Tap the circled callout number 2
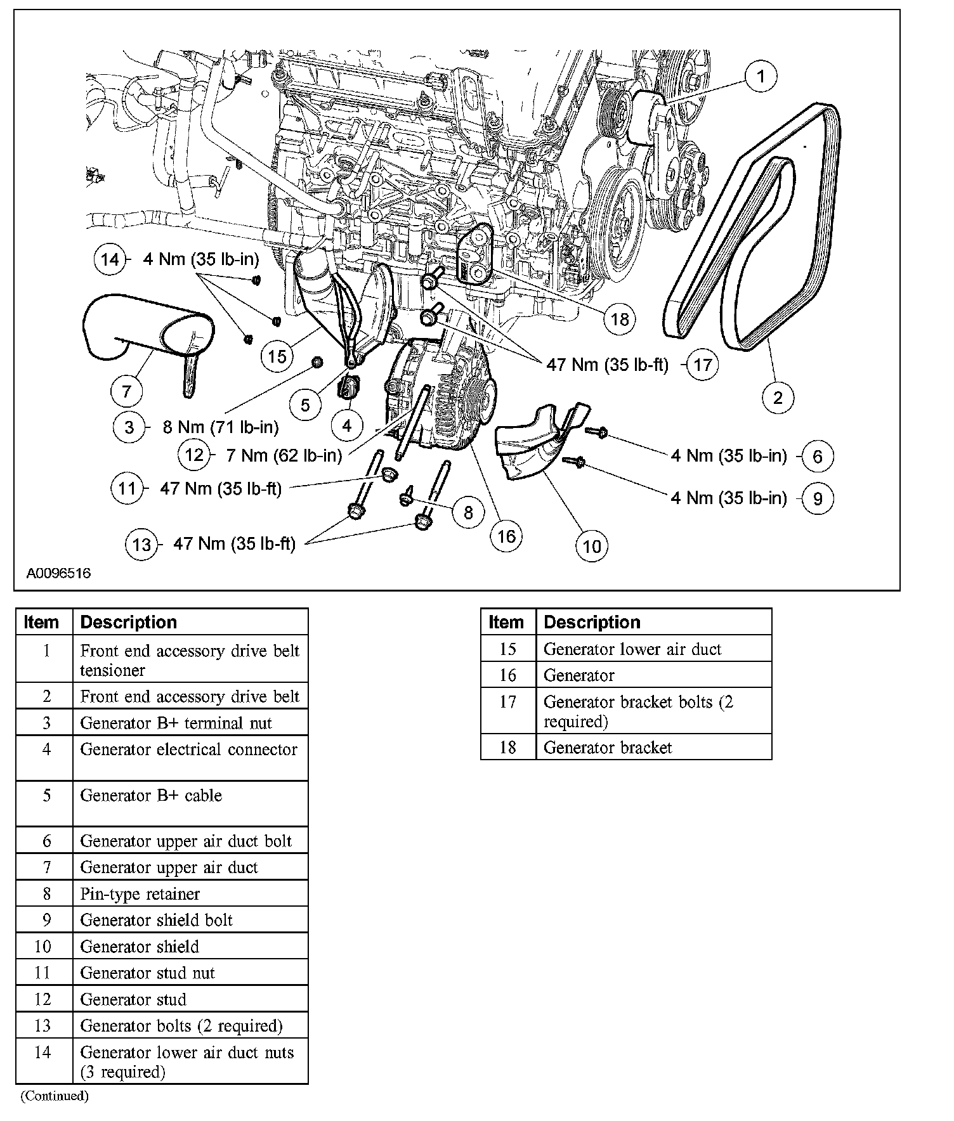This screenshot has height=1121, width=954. click(x=778, y=398)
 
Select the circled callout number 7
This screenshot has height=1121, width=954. click(x=127, y=391)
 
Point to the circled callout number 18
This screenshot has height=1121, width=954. click(x=619, y=318)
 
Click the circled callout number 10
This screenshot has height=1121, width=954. click(x=591, y=546)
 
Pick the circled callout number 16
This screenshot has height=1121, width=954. click(x=506, y=536)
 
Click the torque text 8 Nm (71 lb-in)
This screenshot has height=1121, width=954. click(x=221, y=427)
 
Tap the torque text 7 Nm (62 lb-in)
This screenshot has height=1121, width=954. click(x=284, y=455)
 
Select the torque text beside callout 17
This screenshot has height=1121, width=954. click(x=607, y=365)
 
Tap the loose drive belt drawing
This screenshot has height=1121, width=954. click(x=755, y=228)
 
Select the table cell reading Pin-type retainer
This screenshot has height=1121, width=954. click(x=140, y=894)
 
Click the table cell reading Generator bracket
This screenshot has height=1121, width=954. click(x=608, y=748)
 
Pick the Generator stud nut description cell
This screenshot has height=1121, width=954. click(x=147, y=973)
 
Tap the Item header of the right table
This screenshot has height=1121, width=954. click(x=506, y=622)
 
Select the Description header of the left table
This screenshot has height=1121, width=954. click(x=129, y=622)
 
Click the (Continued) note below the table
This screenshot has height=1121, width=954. click(x=55, y=1096)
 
